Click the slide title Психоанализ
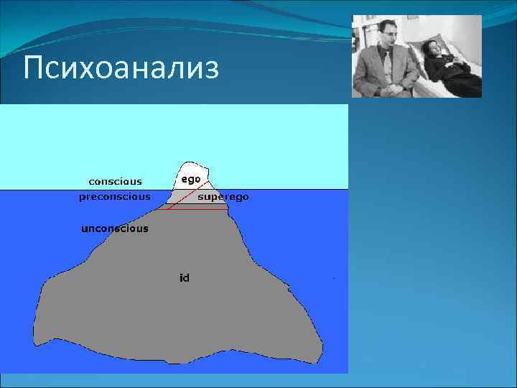[x=120, y=69]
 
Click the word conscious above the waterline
[x=115, y=181]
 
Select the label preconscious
[x=115, y=196]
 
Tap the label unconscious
[x=115, y=228]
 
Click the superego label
[x=223, y=196]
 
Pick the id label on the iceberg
[x=185, y=277]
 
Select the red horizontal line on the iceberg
[x=197, y=209]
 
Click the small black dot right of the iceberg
[x=335, y=277]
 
